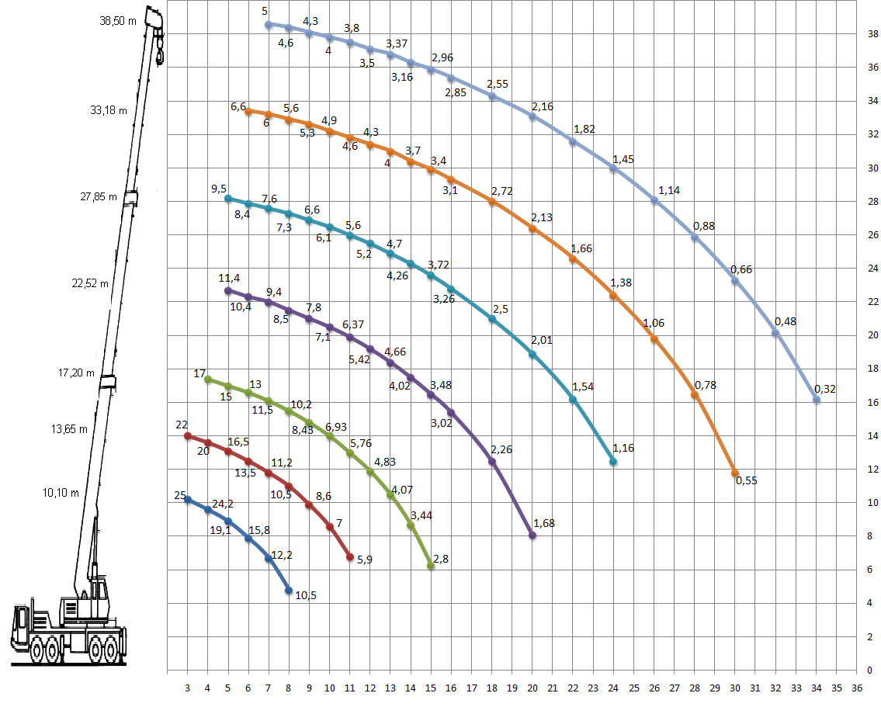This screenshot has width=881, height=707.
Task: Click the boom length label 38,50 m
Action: coord(118,21)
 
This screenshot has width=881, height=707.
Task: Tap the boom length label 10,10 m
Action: coord(61,493)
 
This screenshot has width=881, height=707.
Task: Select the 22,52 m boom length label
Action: coord(90,283)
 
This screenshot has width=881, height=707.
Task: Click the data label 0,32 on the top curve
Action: coord(825,389)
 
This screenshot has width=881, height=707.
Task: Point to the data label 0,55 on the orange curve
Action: coord(746,480)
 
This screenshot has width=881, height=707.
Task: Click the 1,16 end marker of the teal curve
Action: coord(613,462)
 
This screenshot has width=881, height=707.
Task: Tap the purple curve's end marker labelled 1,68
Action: coord(532,535)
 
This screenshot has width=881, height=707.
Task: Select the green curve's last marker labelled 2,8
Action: coord(431,566)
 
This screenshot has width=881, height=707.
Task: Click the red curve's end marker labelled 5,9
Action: coord(350,557)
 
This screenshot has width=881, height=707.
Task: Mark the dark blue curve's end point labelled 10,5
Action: coord(289,590)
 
